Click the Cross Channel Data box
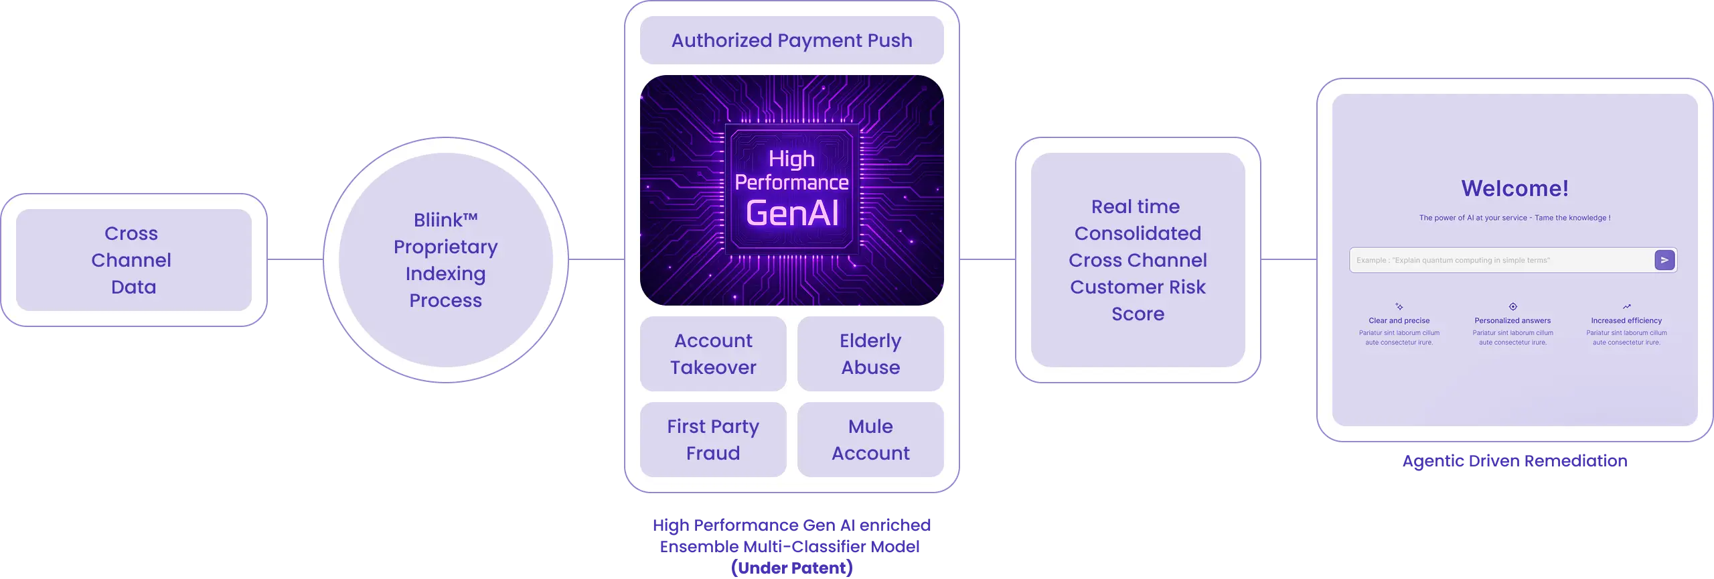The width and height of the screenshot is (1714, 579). [x=133, y=260]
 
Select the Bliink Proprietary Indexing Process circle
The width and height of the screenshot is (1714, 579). [x=445, y=260]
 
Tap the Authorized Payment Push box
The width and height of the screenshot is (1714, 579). [x=791, y=40]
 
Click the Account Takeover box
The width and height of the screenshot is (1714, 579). [x=713, y=354]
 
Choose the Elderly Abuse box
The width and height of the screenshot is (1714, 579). [x=870, y=354]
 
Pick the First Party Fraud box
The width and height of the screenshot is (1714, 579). [x=713, y=440]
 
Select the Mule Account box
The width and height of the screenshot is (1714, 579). [x=870, y=440]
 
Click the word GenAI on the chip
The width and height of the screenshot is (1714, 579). [x=792, y=213]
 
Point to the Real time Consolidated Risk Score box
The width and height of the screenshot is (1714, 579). [x=1138, y=260]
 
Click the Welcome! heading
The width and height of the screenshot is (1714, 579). [x=1514, y=188]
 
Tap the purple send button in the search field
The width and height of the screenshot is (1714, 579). [x=1664, y=260]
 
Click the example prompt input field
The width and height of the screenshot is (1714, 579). [x=1500, y=260]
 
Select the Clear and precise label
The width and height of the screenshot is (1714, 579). [x=1399, y=321]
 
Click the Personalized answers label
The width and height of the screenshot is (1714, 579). [x=1512, y=321]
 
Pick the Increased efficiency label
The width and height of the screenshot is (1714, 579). [x=1626, y=321]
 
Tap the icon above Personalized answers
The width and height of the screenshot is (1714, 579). [x=1513, y=306]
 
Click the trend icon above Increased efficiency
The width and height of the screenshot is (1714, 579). [x=1627, y=306]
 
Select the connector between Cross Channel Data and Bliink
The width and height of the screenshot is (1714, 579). [x=295, y=260]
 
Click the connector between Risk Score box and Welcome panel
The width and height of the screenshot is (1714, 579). [x=1288, y=260]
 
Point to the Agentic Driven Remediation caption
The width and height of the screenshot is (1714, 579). [x=1514, y=460]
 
